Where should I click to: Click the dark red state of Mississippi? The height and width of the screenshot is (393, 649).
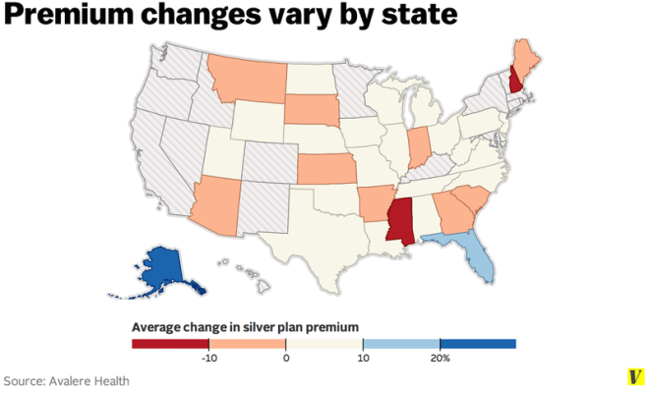(400, 223)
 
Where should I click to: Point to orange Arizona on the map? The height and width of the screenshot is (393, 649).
(217, 205)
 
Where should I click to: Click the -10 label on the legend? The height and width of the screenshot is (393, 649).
(208, 359)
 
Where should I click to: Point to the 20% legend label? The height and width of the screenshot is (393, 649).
(439, 359)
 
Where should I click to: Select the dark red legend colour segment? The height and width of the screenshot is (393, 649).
(170, 344)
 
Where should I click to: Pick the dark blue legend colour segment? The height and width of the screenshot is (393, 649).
(477, 344)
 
